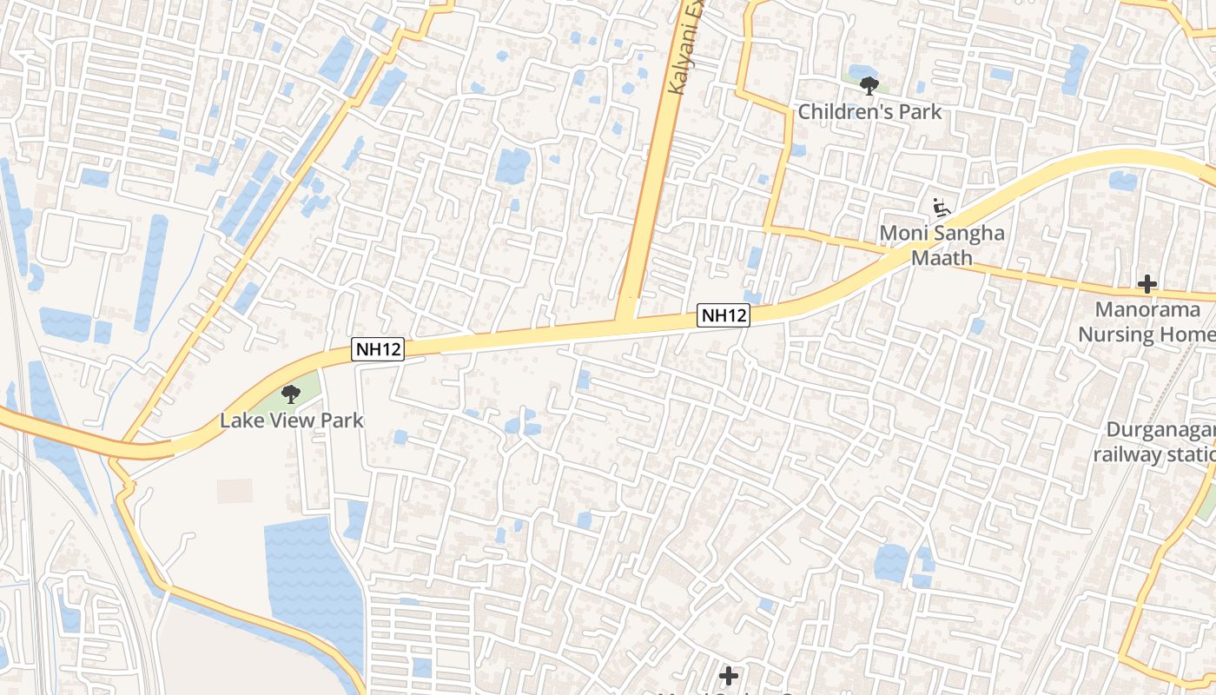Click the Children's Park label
869,112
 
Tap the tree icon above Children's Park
869,85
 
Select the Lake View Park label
291,420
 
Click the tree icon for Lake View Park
291,395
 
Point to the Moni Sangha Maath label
942,245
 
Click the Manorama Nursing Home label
1147,321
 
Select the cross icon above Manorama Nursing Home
1147,284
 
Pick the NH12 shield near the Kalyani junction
724,315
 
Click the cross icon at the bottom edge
729,676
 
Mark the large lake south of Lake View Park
313,573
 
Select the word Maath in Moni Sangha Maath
942,258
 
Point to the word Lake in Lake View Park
238,420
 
